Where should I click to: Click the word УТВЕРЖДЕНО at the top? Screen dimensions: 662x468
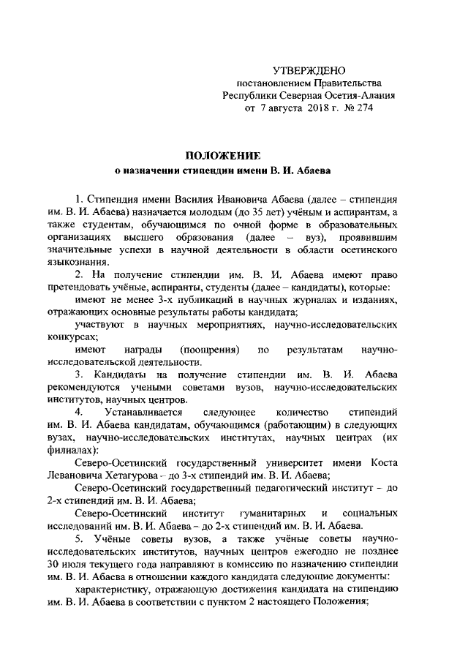coord(308,71)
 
